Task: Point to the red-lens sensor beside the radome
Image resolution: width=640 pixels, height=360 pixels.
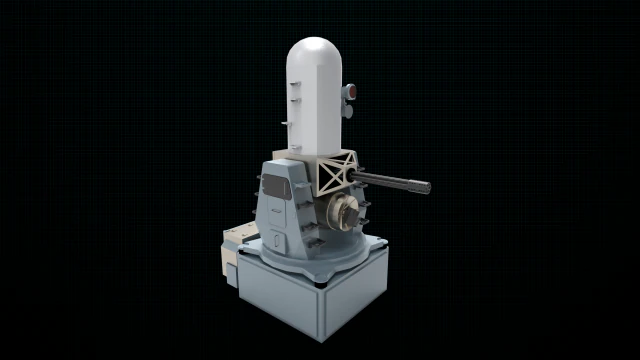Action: (350, 91)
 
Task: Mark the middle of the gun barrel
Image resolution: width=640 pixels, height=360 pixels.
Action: (390, 182)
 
